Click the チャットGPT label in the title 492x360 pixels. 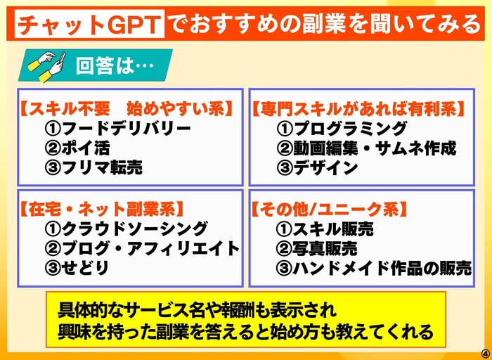pos(89,25)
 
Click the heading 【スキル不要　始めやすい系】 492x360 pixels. pos(127,109)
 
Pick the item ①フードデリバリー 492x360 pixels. pos(118,129)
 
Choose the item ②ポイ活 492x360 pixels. pos(77,148)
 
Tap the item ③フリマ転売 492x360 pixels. pos(93,168)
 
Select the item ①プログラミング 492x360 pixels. pos(342,129)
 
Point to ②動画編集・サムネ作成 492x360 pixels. pos(366,148)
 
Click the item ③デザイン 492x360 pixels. pos(317,168)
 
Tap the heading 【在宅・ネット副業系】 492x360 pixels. pos(102,210)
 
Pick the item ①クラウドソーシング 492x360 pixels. pos(126,229)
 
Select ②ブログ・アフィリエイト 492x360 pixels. pos(143,249)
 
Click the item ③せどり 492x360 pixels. pos(77,268)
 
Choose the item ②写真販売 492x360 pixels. pos(316,249)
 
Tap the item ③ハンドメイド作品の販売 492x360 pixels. pos(374,268)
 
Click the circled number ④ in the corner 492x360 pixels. pos(485,351)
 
